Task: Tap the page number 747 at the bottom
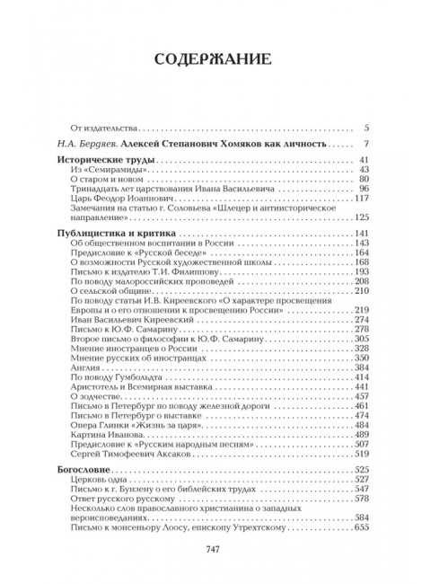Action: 215,551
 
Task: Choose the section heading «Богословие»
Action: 86,469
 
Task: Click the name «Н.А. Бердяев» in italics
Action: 77,144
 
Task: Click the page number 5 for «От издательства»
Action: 367,128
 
